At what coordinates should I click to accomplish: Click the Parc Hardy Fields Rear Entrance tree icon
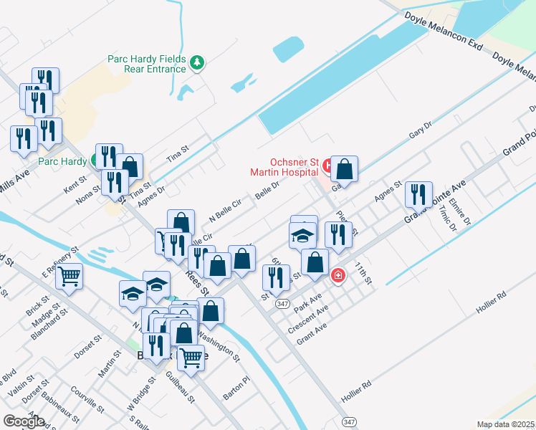pos(197,64)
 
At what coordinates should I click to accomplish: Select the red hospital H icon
pos(328,166)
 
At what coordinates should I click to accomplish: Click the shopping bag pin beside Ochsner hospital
pos(345,171)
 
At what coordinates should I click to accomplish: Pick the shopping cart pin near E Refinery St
pos(69,275)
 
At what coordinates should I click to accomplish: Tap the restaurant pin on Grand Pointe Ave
pos(418,194)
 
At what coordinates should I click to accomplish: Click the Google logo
pos(24,421)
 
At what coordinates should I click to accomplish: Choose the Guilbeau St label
pos(181,386)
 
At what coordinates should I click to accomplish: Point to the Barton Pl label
pos(236,388)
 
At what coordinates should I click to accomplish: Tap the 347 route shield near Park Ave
pos(282,304)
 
